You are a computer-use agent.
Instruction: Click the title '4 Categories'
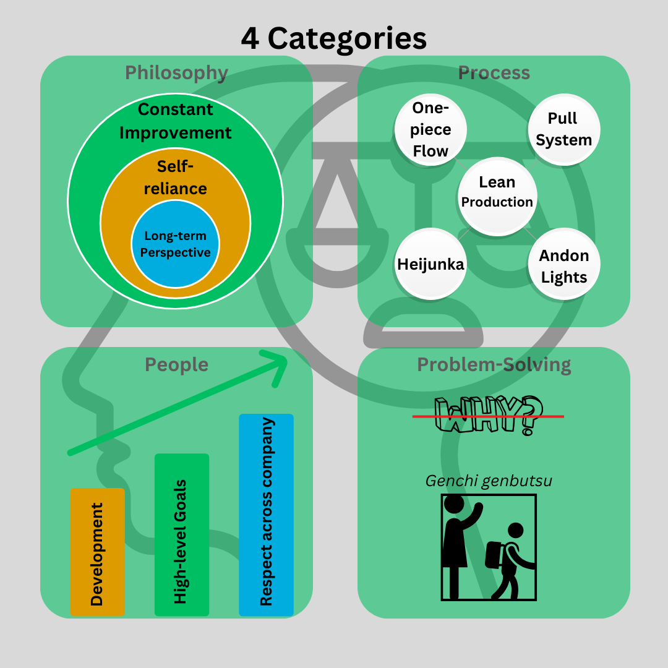click(333, 39)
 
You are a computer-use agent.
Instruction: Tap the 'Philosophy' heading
click(176, 73)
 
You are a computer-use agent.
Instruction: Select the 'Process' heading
click(494, 73)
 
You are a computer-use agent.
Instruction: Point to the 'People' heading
click(176, 365)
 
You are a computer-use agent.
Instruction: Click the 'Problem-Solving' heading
click(494, 365)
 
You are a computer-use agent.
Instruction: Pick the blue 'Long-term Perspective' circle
click(175, 244)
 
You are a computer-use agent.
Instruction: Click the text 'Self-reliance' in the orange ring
click(175, 178)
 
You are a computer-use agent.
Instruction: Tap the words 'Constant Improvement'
click(175, 121)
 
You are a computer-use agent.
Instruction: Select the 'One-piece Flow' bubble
click(430, 129)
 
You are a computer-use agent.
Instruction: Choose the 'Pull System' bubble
click(564, 129)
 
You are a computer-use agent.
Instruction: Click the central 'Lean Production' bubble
click(497, 197)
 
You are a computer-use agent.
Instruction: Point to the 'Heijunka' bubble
click(430, 263)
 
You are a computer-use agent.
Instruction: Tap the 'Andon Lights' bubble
click(564, 263)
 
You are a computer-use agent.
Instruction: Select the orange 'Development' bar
click(97, 552)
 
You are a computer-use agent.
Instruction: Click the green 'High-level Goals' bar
click(181, 534)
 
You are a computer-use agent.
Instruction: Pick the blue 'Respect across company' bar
click(266, 515)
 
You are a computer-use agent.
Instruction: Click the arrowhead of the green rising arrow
click(281, 362)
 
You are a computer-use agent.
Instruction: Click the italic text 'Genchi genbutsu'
click(489, 481)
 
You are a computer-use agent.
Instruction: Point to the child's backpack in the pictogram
click(495, 555)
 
